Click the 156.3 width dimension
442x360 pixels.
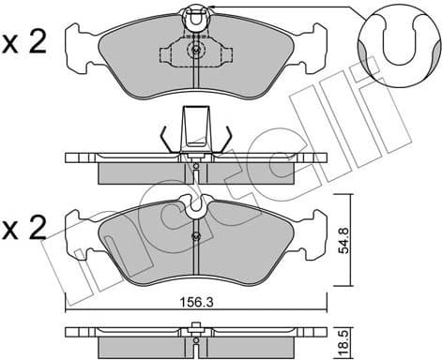(x=195, y=303)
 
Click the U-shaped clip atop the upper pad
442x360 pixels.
(x=195, y=15)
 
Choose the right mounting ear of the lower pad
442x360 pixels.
(x=312, y=240)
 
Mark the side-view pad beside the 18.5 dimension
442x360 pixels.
(x=194, y=338)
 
